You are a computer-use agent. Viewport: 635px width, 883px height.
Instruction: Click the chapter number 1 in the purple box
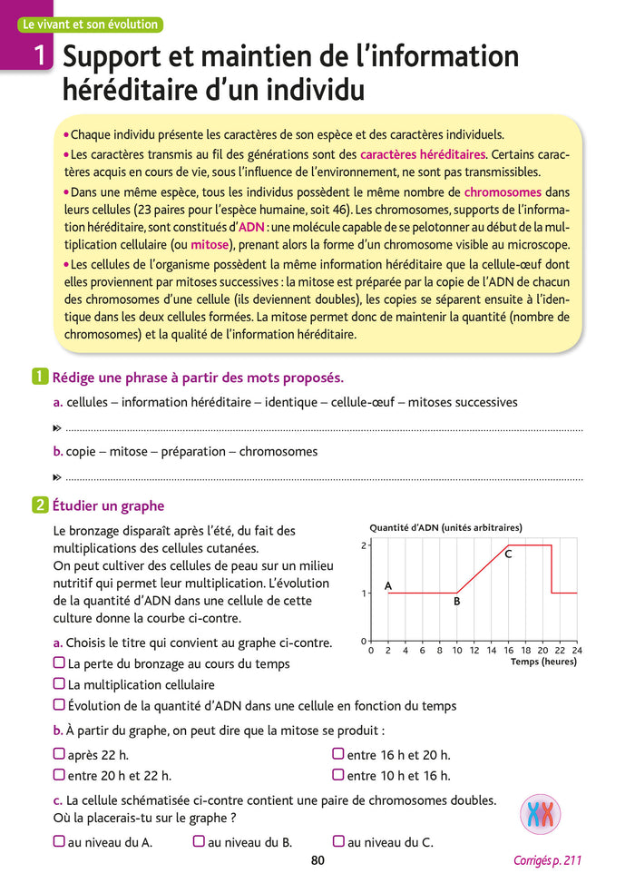coord(38,58)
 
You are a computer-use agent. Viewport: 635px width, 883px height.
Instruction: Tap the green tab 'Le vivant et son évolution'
coord(91,25)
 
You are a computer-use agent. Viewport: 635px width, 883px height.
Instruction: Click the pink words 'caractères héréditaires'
coord(423,154)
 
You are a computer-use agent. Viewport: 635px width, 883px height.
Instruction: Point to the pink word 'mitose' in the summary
coord(210,245)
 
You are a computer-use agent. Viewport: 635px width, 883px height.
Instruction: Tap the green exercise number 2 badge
coord(40,506)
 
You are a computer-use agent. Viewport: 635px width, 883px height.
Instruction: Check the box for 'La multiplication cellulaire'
coord(59,684)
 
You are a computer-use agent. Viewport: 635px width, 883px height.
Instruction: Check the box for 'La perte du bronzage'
coord(59,663)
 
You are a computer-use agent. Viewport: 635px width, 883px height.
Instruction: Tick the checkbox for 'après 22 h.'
coord(59,754)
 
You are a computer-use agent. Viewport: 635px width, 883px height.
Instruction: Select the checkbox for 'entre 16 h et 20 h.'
coord(338,754)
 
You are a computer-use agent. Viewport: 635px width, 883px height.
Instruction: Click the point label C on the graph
coord(508,554)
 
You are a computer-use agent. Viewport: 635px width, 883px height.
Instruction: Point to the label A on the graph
coord(388,586)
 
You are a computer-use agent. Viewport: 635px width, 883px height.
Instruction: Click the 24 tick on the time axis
coord(577,651)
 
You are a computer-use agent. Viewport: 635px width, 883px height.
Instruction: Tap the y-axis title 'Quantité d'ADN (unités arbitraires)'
coord(445,527)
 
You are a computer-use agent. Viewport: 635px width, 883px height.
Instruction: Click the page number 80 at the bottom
coord(317,861)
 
